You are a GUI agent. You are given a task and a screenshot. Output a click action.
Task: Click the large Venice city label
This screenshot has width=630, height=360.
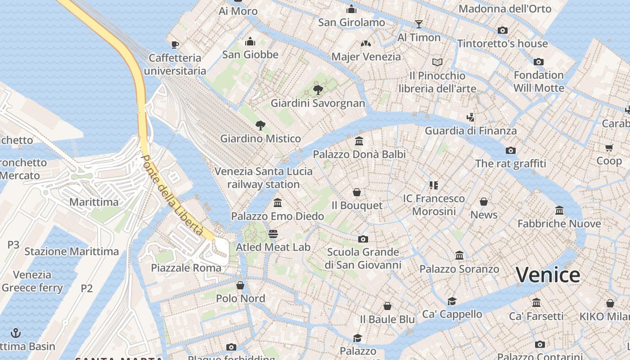(x=548, y=274)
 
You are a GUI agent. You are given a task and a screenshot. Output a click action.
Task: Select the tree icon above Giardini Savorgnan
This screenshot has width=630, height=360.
(x=318, y=90)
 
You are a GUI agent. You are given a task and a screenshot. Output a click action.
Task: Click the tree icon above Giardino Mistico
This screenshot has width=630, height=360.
(x=260, y=125)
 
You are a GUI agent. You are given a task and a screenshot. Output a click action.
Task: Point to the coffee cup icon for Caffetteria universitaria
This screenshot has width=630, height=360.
(x=175, y=44)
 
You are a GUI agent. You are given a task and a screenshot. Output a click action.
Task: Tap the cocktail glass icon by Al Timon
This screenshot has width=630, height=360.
(x=419, y=24)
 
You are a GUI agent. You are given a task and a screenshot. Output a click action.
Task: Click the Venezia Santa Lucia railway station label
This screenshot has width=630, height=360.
(x=263, y=178)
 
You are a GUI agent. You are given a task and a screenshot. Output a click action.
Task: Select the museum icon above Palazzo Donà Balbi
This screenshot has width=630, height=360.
(x=359, y=141)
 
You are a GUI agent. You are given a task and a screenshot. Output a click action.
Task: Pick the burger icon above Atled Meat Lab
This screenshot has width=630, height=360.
(x=273, y=234)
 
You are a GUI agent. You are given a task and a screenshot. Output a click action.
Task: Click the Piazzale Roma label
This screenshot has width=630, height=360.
(x=186, y=268)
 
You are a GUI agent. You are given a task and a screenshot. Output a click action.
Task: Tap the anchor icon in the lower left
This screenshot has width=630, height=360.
(x=16, y=333)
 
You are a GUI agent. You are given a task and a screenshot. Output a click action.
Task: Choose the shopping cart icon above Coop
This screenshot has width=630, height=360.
(x=609, y=148)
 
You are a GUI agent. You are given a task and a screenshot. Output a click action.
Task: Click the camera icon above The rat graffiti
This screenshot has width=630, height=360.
(x=510, y=150)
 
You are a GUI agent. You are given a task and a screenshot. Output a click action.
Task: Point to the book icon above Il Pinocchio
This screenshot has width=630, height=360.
(x=437, y=62)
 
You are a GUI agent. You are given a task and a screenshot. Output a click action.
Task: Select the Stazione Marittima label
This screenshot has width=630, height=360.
(x=72, y=252)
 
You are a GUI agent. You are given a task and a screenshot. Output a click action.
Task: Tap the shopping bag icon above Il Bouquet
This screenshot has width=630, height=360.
(x=357, y=192)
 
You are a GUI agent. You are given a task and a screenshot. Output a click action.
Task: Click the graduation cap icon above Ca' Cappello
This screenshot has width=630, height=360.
(x=452, y=301)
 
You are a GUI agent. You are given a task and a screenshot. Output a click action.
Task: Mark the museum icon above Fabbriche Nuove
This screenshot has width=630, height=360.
(x=559, y=210)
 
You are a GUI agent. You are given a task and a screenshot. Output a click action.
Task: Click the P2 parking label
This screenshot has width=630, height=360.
(x=87, y=288)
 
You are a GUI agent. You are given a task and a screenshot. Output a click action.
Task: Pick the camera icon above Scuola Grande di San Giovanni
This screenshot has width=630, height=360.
(x=363, y=239)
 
